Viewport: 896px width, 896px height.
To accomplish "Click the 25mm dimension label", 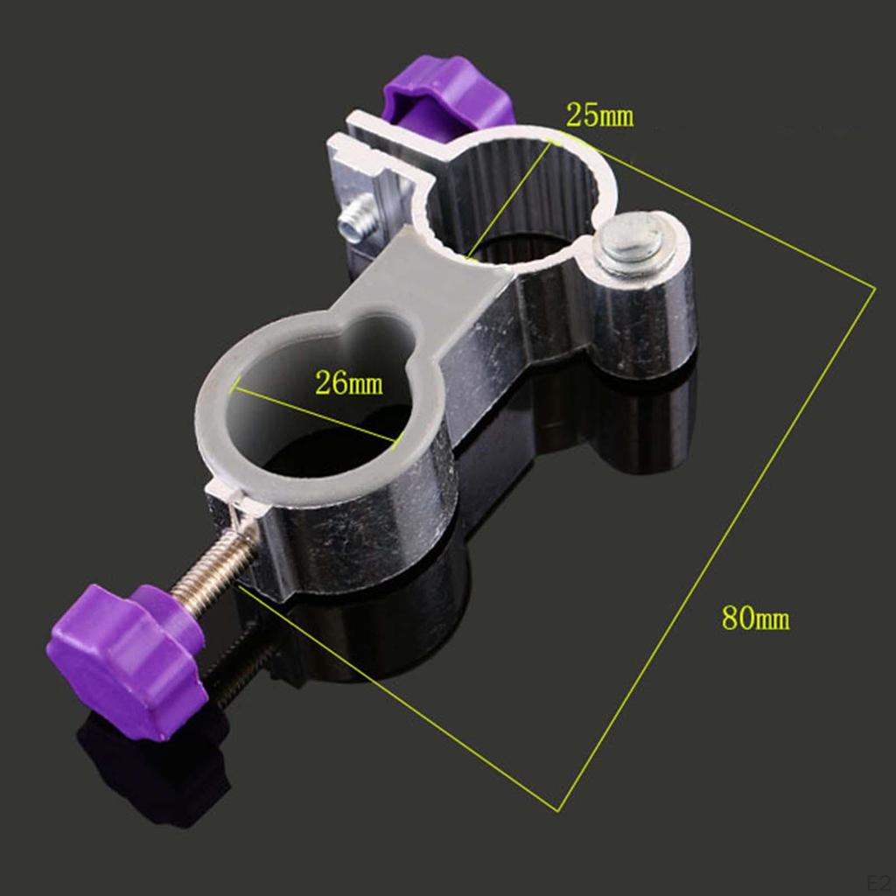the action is [599, 115].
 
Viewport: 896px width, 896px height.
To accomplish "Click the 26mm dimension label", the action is [348, 383].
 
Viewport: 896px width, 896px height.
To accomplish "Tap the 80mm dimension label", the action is [755, 619].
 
